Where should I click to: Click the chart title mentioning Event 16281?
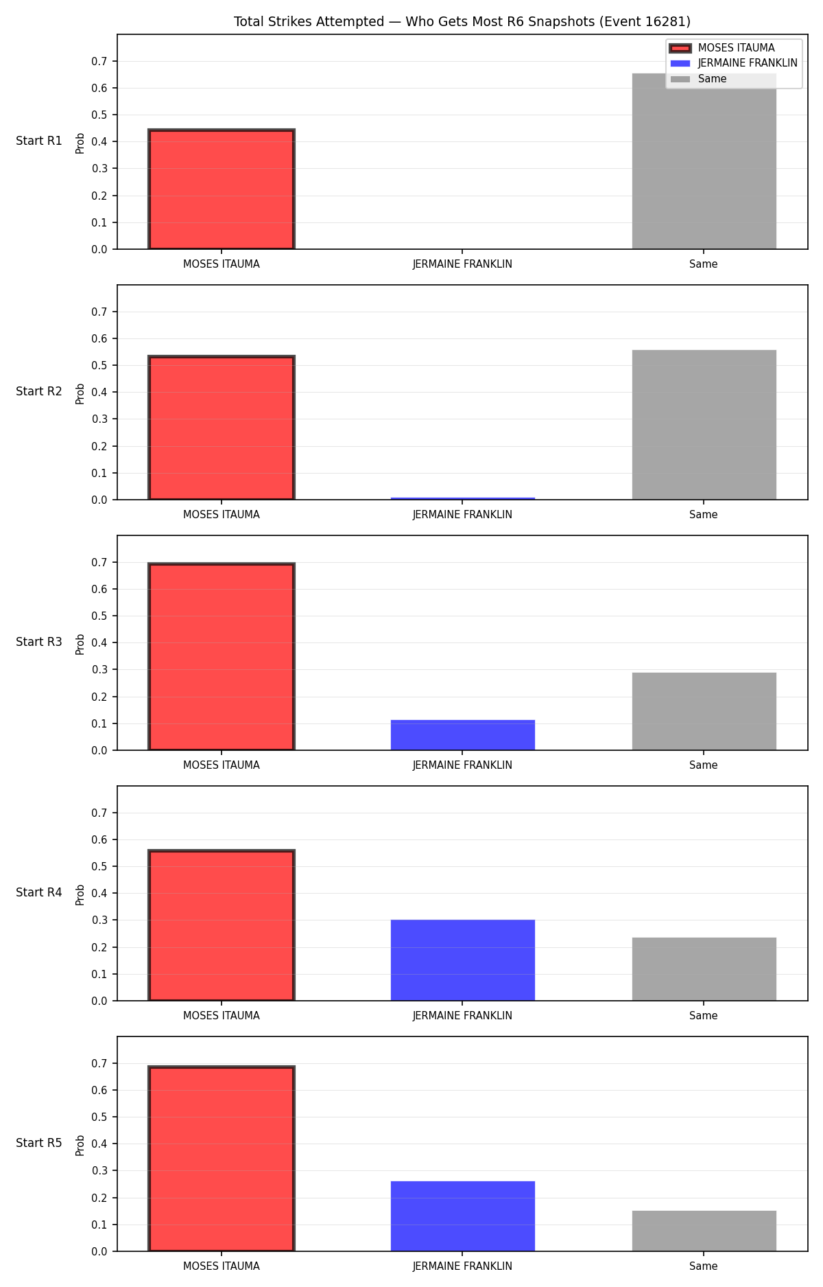462,21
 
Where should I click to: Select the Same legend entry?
698,79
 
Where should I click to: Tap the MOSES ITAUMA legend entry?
722,48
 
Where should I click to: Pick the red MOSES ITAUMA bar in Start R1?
222,189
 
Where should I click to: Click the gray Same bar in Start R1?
704,161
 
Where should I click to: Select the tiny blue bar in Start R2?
463,498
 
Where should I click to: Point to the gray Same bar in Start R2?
704,425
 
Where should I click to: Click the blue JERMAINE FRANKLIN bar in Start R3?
463,735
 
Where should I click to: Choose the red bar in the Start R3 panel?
222,657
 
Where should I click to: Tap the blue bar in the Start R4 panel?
463,960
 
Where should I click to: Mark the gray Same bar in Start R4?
704,969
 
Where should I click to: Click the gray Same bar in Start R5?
704,1231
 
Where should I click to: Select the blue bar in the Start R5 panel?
463,1216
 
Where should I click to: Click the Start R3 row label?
39,642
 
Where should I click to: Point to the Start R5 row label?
39,1143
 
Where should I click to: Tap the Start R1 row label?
39,141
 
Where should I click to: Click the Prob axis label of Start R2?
80,393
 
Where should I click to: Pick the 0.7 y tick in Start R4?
99,813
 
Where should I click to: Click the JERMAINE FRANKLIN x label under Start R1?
462,264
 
